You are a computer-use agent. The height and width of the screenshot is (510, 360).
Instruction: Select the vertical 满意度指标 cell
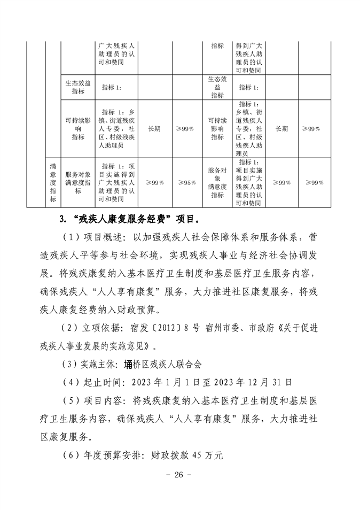pyautogui.click(x=53, y=183)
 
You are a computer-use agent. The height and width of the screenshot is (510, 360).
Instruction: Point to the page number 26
pyautogui.click(x=179, y=475)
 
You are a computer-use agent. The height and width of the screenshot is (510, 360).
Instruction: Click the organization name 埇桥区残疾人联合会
pyautogui.click(x=154, y=363)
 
